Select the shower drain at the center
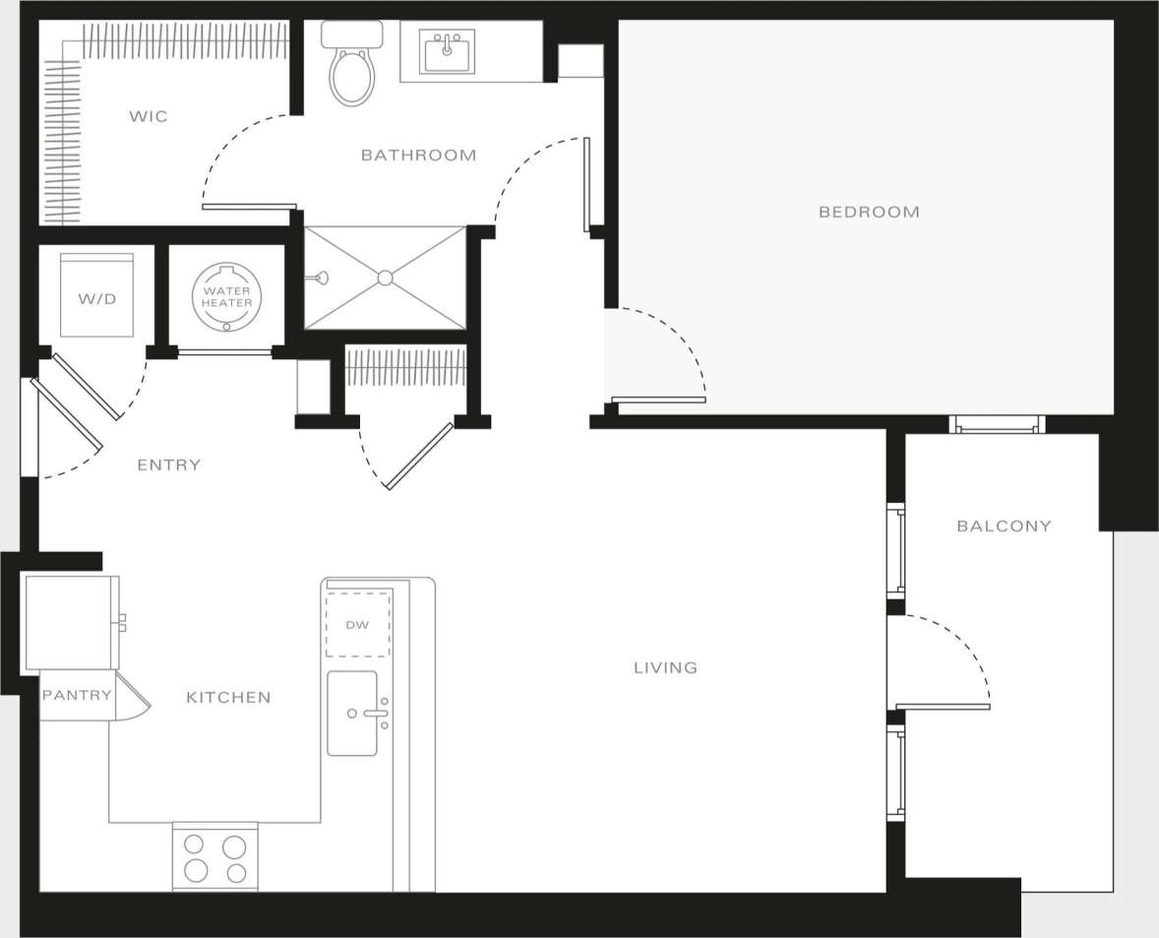385,278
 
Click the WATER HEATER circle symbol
227,296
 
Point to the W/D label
96,298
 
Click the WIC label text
149,117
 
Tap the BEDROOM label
869,212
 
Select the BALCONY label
1004,526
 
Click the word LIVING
665,667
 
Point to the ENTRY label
168,465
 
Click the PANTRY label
77,695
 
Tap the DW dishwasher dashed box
358,625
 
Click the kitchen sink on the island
352,714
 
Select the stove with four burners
215,857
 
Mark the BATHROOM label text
418,155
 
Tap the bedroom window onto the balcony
997,424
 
